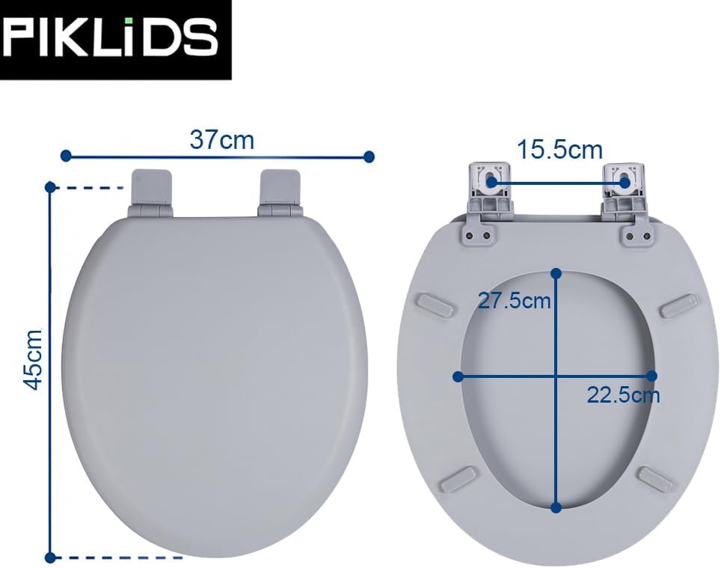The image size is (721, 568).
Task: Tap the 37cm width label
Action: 221,140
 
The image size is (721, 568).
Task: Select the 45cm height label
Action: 33,359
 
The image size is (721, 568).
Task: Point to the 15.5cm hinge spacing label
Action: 559,150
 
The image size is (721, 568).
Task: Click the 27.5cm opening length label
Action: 515,301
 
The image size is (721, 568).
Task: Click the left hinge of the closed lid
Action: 151,193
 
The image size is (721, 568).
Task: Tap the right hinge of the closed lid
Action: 280,193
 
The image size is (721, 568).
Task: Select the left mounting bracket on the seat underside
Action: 487,201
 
